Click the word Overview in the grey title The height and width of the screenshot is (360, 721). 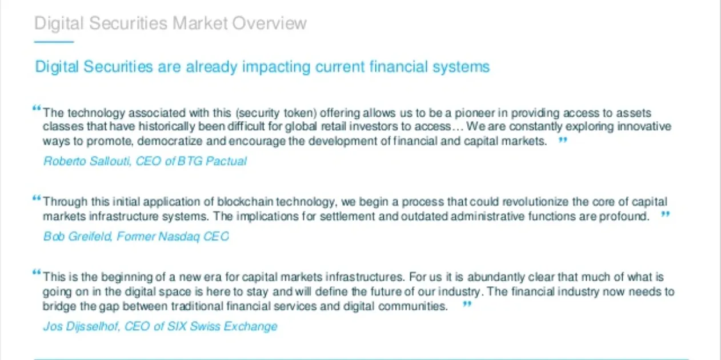point(270,23)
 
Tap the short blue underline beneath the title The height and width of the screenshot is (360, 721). point(54,42)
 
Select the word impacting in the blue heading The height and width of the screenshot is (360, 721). point(276,67)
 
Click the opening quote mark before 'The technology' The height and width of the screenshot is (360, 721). point(37,109)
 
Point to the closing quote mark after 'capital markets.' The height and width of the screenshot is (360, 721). point(563,140)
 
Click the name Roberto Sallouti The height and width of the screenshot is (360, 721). point(87,161)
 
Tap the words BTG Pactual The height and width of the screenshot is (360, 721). point(212,161)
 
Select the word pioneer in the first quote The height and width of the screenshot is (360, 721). point(474,113)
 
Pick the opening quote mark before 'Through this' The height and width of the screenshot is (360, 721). point(37,198)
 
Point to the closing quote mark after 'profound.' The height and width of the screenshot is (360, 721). point(666,214)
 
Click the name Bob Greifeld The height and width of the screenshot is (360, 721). point(77,237)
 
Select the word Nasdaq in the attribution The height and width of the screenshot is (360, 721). point(179,237)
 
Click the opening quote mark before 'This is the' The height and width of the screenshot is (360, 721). point(37,273)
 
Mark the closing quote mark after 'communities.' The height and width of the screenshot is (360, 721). point(467,304)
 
